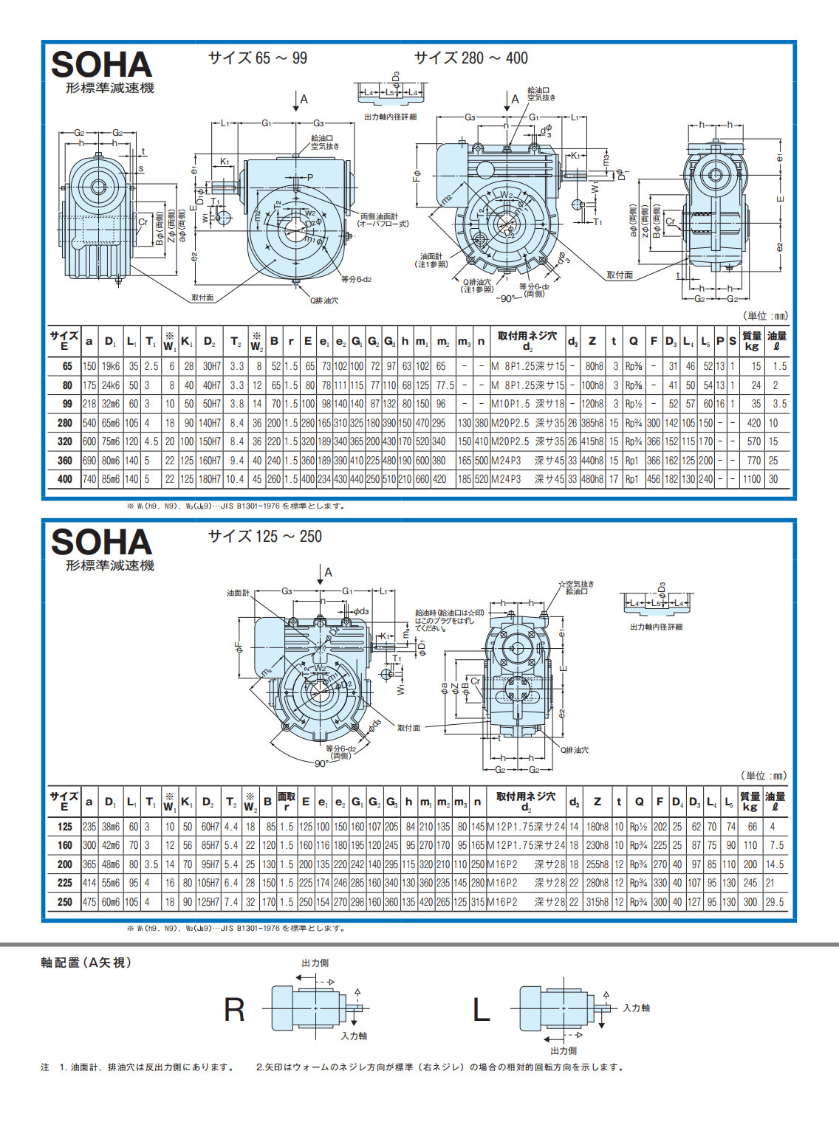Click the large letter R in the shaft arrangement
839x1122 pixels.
coord(234,1010)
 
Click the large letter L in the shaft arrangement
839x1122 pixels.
coord(481,1010)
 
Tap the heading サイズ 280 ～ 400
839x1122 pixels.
coord(470,58)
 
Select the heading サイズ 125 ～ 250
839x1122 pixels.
coord(264,536)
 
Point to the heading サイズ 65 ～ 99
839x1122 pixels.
coord(257,58)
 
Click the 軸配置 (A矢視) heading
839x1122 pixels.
coord(86,963)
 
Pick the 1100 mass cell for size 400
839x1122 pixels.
coord(751,479)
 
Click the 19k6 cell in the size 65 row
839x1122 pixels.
coord(110,366)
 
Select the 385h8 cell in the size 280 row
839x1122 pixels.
coord(592,423)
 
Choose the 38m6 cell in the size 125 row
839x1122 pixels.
coord(110,827)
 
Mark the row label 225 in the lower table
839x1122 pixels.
coord(65,883)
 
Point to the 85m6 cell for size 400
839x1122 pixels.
coord(110,479)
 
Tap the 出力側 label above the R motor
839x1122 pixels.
coord(315,963)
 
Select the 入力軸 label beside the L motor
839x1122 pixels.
coord(636,1008)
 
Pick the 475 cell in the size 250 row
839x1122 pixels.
coord(89,902)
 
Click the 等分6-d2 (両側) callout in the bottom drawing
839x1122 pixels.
coord(340,751)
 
